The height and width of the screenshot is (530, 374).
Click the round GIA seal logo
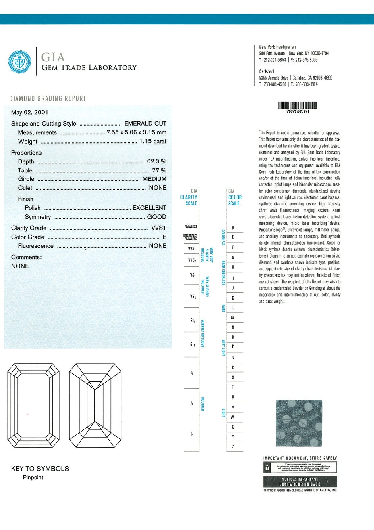coord(20,62)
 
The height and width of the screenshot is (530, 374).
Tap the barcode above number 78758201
coord(297,106)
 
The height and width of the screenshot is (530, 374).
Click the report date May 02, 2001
coord(29,112)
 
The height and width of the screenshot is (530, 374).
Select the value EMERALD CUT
coord(145,124)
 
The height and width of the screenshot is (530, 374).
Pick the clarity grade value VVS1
coord(158,228)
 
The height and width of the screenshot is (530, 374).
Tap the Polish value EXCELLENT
coord(149,208)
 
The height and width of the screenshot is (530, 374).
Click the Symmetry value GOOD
coord(156,217)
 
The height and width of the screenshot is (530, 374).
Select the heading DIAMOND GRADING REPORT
coord(48,98)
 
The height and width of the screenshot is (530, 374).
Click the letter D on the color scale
coord(233,228)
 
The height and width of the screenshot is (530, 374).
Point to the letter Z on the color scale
coord(233,446)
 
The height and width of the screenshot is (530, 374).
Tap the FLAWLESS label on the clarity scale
coord(191,227)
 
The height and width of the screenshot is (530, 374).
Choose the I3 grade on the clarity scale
coord(192,434)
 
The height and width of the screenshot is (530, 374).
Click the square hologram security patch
coord(299,423)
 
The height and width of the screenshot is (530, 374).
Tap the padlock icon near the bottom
coord(267,468)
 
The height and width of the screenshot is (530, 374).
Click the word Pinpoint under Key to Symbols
coord(33,477)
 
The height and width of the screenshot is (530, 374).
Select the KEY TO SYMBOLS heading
coord(40,469)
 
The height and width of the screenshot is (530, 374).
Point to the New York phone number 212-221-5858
coord(275,60)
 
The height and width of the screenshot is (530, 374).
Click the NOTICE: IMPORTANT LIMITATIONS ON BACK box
coord(299,482)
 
